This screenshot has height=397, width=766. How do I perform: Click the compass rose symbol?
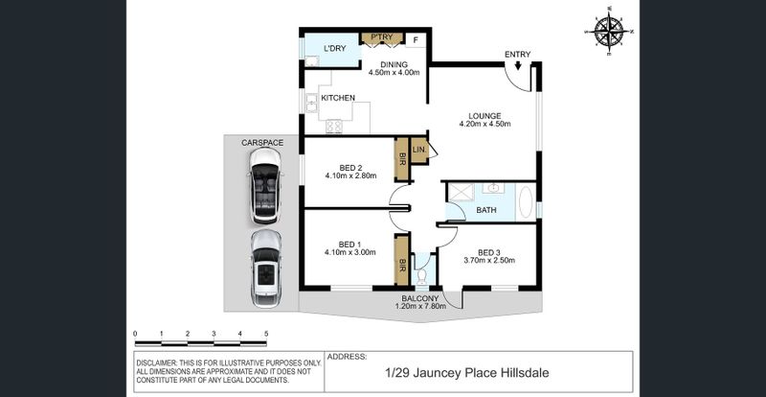click(x=609, y=31)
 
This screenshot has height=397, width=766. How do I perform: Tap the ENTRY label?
click(x=517, y=55)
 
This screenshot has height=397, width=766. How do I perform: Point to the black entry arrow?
click(x=518, y=64)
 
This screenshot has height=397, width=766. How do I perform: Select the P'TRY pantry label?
click(x=382, y=37)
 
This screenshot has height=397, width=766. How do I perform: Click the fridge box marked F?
click(x=416, y=40)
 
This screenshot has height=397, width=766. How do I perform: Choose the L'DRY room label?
click(x=335, y=49)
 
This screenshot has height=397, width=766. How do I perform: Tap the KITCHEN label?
click(x=338, y=98)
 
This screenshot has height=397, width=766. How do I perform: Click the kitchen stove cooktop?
click(x=334, y=127)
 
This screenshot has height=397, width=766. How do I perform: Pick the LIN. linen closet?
click(x=419, y=151)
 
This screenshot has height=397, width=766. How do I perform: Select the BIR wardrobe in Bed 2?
click(x=401, y=159)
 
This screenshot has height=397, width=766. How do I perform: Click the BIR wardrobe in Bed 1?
click(x=401, y=261)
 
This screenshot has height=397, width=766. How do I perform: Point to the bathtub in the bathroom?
click(x=526, y=202)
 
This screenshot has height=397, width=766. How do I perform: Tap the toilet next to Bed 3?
click(x=421, y=276)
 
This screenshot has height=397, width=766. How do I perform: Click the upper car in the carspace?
click(x=265, y=185)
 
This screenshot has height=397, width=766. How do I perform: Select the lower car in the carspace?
click(x=266, y=269)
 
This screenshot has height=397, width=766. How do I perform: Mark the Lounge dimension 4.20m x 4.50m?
click(x=484, y=124)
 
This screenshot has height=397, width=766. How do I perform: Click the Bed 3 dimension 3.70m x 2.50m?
click(x=489, y=261)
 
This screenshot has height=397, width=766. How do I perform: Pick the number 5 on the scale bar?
click(x=266, y=334)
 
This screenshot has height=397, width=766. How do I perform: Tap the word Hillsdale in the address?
click(x=525, y=373)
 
